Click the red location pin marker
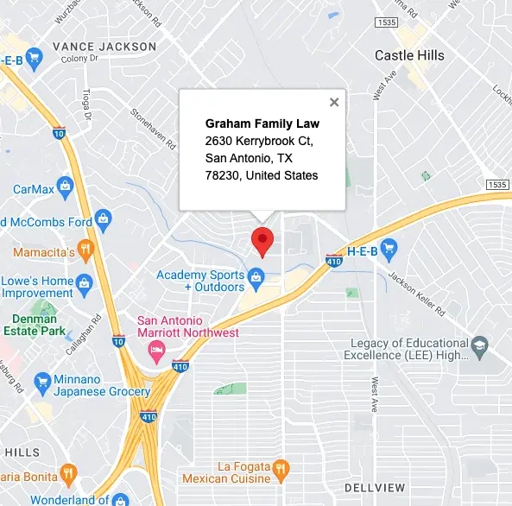point(262,241)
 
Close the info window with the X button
point(334,102)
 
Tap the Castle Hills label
point(409,55)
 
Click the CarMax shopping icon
point(72,189)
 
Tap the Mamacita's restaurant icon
point(85,251)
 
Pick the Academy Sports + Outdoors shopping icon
point(256,277)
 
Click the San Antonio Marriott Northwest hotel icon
point(156,349)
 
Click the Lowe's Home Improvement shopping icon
point(85,282)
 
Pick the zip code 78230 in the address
point(222,175)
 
